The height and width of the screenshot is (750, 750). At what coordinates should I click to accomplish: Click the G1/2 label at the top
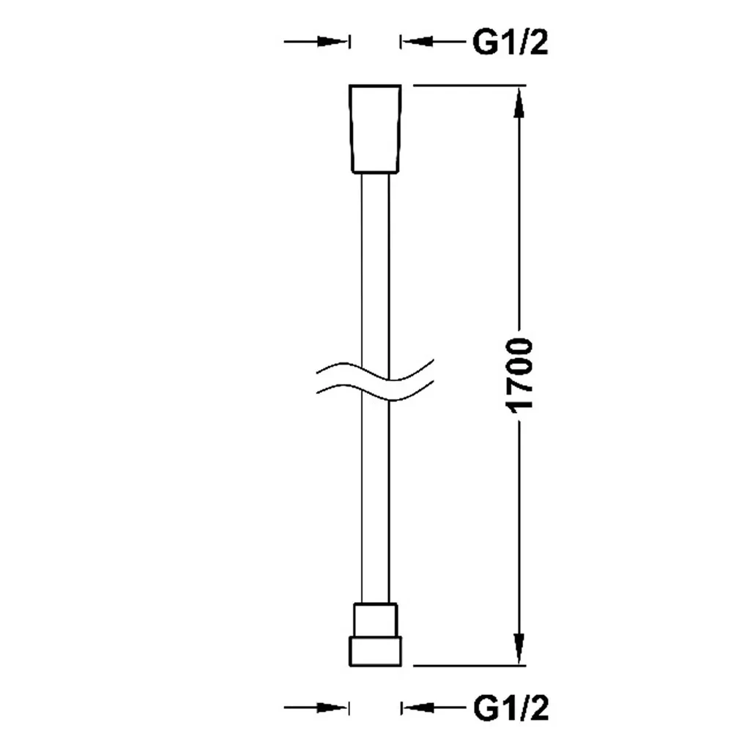pos(510,42)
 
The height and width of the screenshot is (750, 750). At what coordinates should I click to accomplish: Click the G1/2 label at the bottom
pos(510,708)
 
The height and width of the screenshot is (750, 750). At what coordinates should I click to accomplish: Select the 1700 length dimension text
pos(519,375)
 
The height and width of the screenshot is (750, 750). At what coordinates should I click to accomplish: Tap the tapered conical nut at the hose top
pos(375,129)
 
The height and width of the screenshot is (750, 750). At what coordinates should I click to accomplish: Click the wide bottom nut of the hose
pos(376,651)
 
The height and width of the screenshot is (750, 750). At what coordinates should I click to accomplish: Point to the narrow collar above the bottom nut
pos(376,620)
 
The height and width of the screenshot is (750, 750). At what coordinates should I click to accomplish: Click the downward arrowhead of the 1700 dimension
pos(519,649)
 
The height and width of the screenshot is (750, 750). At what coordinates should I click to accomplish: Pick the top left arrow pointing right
pos(316,42)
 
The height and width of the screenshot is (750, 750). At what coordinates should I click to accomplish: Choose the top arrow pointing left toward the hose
pos(434,42)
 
